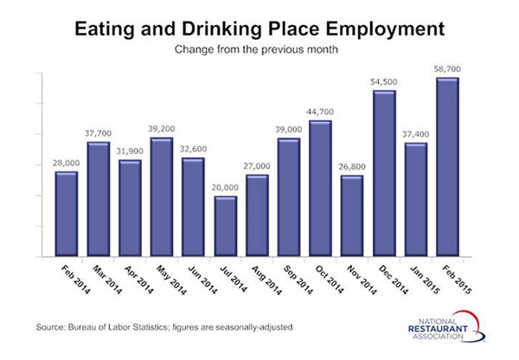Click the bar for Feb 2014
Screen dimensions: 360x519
tap(67, 215)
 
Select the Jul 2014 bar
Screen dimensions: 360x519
tap(226, 227)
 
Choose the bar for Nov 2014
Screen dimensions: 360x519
tap(353, 216)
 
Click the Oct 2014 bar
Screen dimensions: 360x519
tap(321, 189)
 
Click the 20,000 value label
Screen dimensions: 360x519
tap(226, 187)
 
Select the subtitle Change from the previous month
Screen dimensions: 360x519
tap(259, 49)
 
